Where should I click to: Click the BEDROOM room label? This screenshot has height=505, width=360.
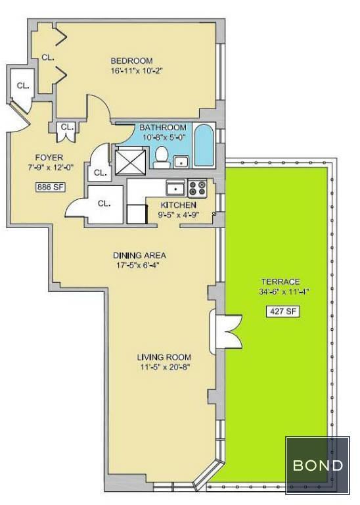131,60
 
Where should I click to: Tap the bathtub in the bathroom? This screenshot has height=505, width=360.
204,145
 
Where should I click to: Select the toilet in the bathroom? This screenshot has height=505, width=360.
161,157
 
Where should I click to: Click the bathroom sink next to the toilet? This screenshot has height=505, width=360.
182,162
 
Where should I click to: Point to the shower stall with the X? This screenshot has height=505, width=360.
129,160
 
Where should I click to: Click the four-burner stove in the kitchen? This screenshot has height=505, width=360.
197,189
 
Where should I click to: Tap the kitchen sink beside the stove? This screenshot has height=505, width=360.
175,189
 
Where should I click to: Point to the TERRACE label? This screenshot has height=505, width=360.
281,282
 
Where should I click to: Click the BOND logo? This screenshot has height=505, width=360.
318,466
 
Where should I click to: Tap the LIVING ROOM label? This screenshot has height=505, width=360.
164,357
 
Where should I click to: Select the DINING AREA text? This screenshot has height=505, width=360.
139,255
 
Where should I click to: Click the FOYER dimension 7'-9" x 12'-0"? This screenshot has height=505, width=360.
49,168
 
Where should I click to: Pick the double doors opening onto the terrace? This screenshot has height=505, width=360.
225,331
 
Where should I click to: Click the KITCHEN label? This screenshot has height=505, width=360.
178,205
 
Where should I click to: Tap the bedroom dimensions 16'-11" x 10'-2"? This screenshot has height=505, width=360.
135,71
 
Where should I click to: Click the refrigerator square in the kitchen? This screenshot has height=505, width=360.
137,214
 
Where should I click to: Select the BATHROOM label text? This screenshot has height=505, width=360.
163,127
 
